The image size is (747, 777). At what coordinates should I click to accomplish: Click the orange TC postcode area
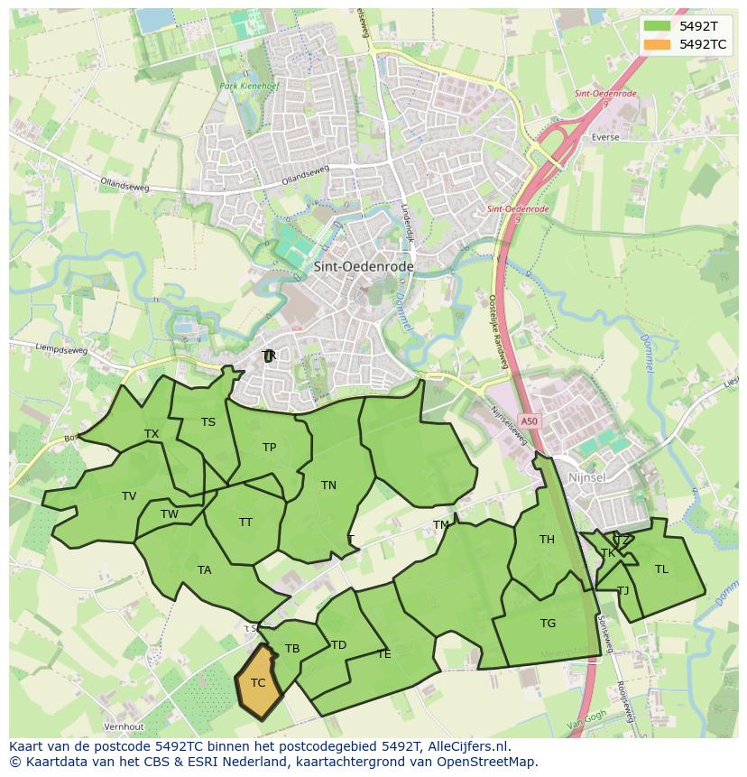[x=258, y=682]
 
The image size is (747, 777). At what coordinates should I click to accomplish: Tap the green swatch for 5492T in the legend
[x=658, y=26]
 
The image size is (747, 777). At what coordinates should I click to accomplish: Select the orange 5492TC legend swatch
[x=658, y=43]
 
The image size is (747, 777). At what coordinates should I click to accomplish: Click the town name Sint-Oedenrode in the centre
[x=364, y=267]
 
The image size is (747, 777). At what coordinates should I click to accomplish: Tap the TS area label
[x=208, y=421]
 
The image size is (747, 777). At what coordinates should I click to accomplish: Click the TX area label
[x=152, y=434]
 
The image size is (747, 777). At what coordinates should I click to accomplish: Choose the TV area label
[x=129, y=495]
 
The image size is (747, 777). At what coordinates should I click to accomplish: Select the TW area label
[x=170, y=514]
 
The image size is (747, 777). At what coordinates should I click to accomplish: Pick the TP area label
[x=269, y=447]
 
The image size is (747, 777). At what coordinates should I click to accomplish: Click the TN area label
[x=328, y=485]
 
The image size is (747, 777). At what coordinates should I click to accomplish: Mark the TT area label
[x=245, y=522]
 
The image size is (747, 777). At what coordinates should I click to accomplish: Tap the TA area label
[x=204, y=569]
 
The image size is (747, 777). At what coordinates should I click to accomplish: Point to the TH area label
[x=547, y=540]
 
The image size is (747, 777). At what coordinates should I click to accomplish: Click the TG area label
[x=548, y=623]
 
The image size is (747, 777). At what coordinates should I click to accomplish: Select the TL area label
[x=661, y=569]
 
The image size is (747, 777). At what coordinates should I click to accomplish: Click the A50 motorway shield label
[x=530, y=421]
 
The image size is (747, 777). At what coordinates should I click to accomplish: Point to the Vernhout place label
[x=124, y=726]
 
